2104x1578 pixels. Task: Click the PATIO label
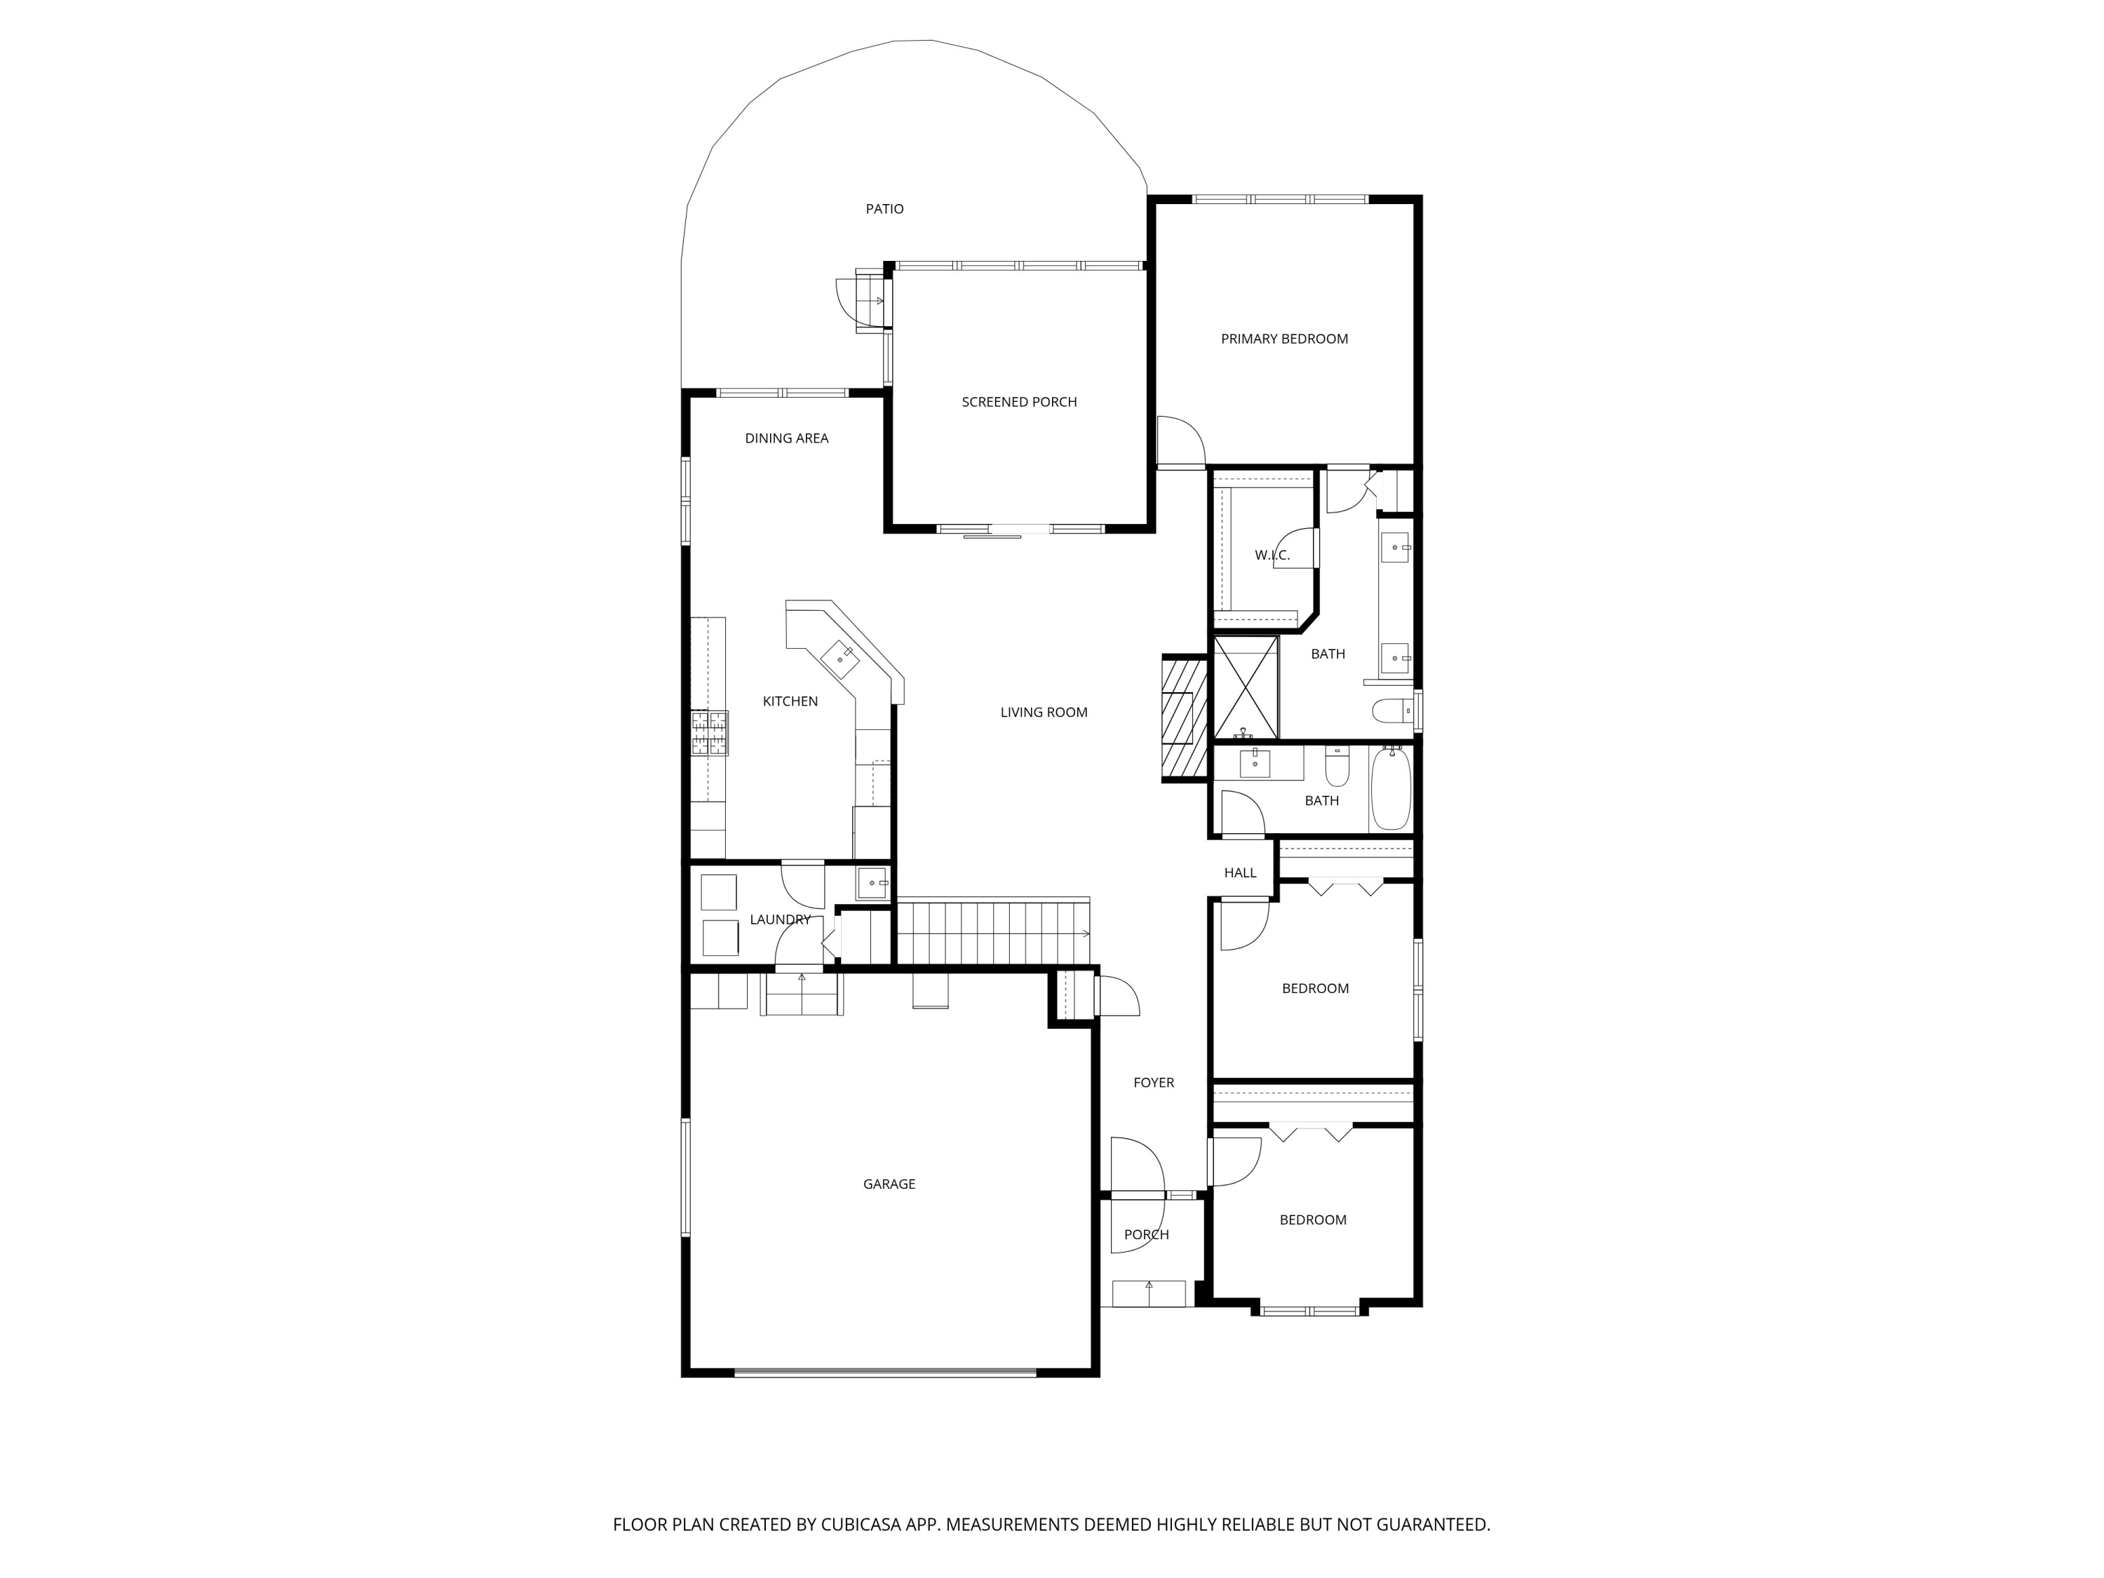point(884,209)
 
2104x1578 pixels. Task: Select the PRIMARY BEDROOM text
point(1283,339)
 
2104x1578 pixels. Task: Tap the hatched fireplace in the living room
point(1185,718)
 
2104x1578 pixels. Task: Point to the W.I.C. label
point(1271,555)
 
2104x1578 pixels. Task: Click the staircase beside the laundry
point(993,933)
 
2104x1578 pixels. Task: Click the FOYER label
point(1153,1082)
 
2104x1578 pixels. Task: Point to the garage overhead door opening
point(884,1373)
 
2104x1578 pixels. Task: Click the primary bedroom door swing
point(1180,443)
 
